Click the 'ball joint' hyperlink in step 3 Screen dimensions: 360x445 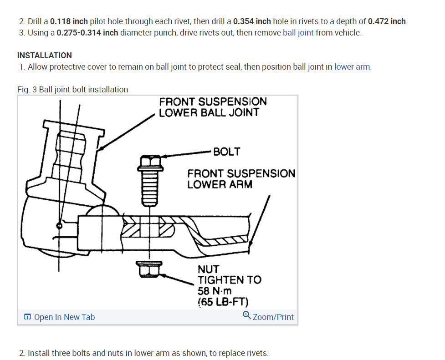tap(298, 33)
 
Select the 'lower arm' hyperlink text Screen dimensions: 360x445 tap(352, 67)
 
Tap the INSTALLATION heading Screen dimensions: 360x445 tap(44, 56)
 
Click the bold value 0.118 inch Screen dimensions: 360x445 tap(69, 21)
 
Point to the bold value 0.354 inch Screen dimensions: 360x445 tap(252, 21)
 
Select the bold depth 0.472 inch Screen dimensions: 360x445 tap(387, 21)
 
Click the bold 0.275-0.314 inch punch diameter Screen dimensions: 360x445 tap(87, 33)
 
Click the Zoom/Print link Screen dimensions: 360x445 tap(273, 317)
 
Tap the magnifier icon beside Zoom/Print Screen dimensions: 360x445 tap(247, 315)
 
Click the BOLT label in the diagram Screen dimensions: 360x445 tap(226, 152)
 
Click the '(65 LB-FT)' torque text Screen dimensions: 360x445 tap(223, 302)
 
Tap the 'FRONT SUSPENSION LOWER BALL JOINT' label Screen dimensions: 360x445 tap(213, 107)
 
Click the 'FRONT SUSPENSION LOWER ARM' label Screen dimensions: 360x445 tap(241, 179)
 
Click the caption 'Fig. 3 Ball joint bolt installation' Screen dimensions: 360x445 tap(72, 90)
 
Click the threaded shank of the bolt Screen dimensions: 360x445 tap(150, 187)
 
